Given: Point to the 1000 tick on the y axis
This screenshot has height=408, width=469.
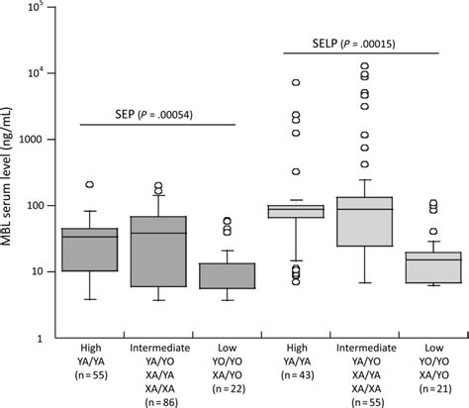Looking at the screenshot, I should click(x=48, y=140).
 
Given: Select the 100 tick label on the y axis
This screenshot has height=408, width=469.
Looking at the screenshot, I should click(x=36, y=206).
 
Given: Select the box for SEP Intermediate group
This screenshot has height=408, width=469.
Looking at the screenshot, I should click(x=158, y=252).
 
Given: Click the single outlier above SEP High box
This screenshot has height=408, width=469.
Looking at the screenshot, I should click(x=89, y=185).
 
